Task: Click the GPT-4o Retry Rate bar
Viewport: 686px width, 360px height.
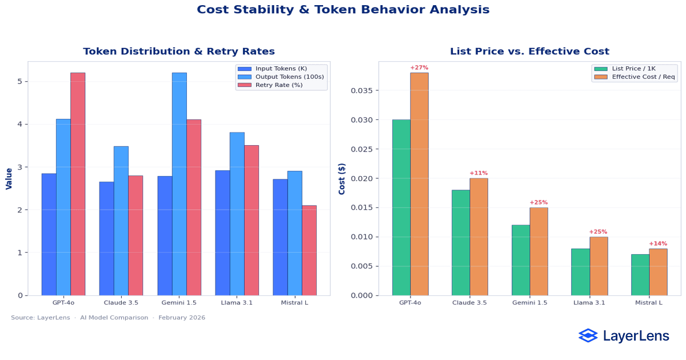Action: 78,184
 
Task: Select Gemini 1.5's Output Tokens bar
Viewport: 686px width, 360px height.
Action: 179,184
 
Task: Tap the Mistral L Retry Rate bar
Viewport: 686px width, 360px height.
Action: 309,250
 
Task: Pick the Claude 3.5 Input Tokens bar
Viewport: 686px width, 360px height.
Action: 106,238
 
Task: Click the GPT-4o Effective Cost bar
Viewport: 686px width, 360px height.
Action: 419,184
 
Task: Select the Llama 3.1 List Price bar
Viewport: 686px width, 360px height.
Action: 580,272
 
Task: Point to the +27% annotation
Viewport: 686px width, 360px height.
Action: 419,68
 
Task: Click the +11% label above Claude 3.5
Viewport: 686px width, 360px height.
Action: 478,173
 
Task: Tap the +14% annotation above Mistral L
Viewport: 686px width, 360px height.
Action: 658,243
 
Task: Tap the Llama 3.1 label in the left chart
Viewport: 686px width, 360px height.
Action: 237,302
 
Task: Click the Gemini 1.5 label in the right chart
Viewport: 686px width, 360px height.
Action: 530,302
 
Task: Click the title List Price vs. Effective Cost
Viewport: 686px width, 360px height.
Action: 529,51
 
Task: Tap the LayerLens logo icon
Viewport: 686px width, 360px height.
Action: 588,336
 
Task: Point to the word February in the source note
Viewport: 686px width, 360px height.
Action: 174,318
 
